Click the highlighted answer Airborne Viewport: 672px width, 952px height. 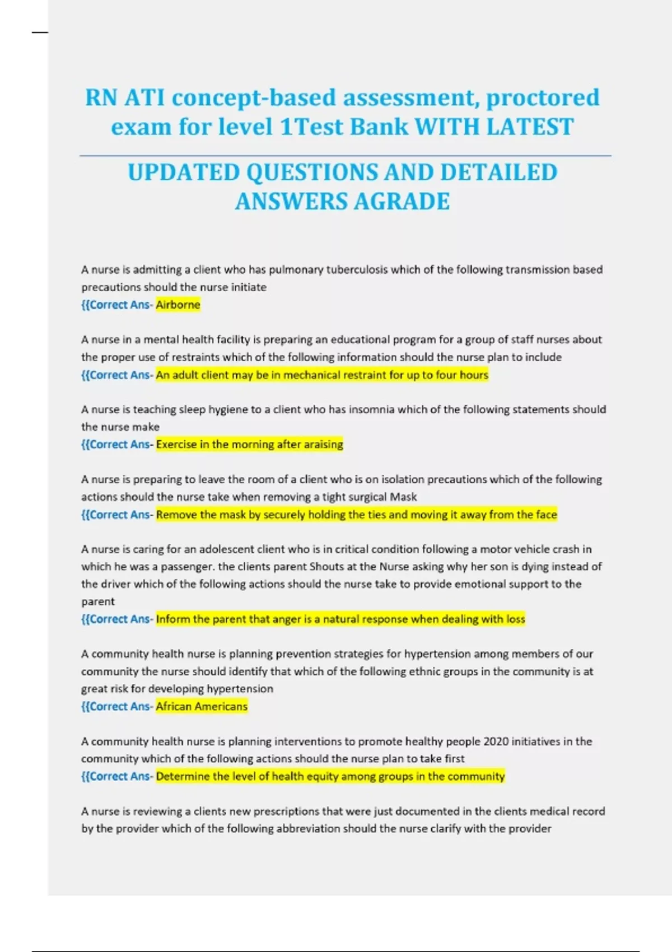178,305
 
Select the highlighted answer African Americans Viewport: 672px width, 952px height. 202,706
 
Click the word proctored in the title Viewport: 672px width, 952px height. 543,97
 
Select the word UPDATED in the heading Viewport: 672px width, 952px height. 184,172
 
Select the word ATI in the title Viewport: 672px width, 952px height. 144,97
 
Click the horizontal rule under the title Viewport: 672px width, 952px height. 345,156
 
